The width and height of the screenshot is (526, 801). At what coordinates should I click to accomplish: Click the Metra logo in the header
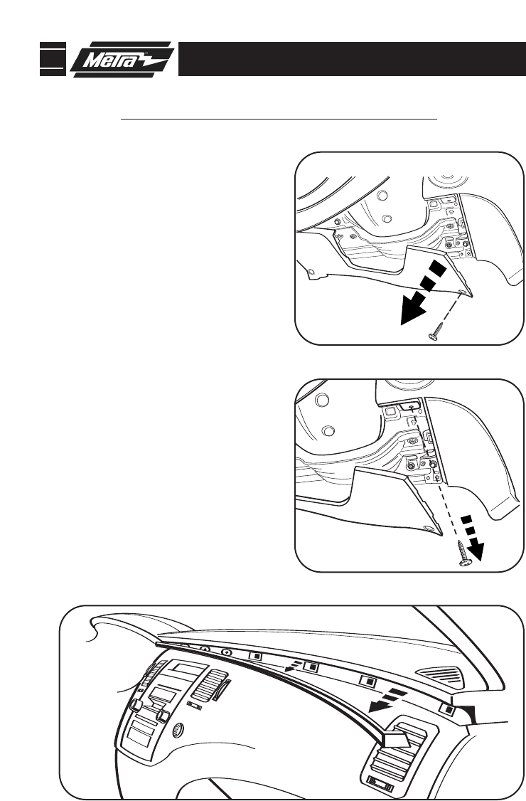coord(122,59)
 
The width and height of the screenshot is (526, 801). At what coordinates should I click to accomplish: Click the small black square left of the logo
coord(53,59)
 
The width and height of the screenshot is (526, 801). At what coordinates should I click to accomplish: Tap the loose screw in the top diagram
coord(435,331)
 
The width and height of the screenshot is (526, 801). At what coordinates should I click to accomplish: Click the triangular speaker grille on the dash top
coord(440,675)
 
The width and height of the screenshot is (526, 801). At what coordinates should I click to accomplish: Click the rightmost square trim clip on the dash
coord(448,709)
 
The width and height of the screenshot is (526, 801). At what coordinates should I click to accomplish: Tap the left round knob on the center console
coord(136,706)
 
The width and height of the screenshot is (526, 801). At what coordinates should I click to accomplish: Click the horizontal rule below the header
coord(279,119)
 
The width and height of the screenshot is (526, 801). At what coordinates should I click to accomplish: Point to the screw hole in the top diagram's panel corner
coord(461,292)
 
